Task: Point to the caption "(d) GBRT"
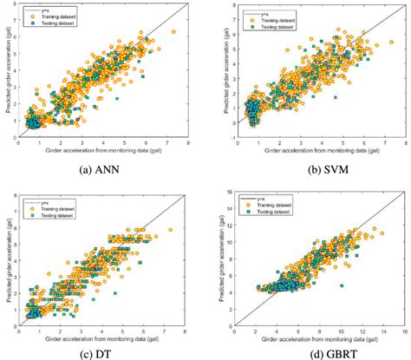tap(309, 350)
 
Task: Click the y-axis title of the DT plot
tap(6, 257)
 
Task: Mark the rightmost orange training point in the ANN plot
tap(173, 32)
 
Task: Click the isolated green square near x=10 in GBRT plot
tap(342, 284)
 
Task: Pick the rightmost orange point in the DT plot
tap(172, 230)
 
